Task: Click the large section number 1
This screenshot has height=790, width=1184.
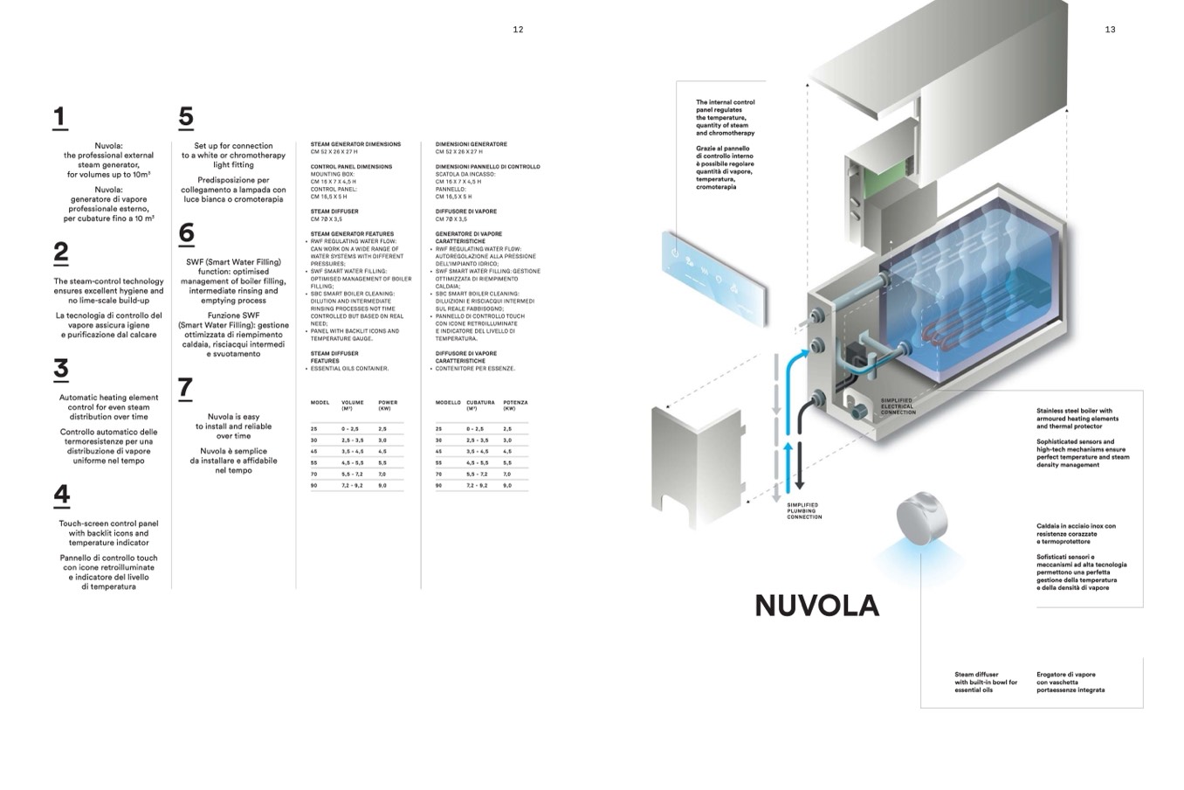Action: pyautogui.click(x=59, y=117)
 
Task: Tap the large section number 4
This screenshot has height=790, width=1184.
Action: pyautogui.click(x=61, y=495)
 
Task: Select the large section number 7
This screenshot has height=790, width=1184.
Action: pyautogui.click(x=185, y=388)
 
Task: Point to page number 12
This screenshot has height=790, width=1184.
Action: pyautogui.click(x=518, y=30)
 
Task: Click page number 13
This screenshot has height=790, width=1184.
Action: pyautogui.click(x=1110, y=30)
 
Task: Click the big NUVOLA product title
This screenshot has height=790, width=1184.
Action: pyautogui.click(x=816, y=606)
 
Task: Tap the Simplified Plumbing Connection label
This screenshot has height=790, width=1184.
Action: pyautogui.click(x=804, y=511)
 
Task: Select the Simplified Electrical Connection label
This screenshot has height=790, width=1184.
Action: pyautogui.click(x=898, y=406)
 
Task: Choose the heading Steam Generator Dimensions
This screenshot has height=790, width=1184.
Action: pyautogui.click(x=355, y=144)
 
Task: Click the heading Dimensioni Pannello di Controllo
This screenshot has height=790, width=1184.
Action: pyautogui.click(x=487, y=167)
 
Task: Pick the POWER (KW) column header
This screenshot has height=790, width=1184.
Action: pyautogui.click(x=388, y=405)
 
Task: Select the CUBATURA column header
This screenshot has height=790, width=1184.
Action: pyautogui.click(x=480, y=405)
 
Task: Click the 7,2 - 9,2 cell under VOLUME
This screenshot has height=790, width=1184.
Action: pyautogui.click(x=353, y=485)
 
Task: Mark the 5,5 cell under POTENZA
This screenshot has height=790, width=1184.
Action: pyautogui.click(x=507, y=462)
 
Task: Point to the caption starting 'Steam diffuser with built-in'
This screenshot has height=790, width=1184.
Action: pyautogui.click(x=986, y=683)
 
